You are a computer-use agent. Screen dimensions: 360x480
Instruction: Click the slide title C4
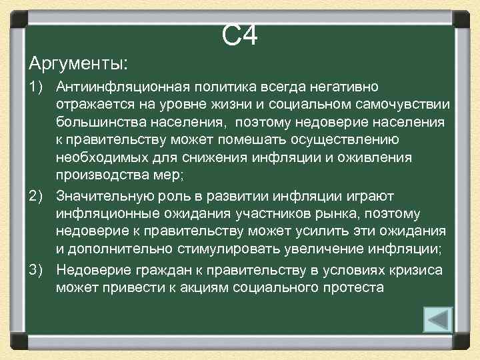click(x=239, y=37)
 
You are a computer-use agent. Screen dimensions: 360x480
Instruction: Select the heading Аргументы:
click(x=79, y=65)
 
